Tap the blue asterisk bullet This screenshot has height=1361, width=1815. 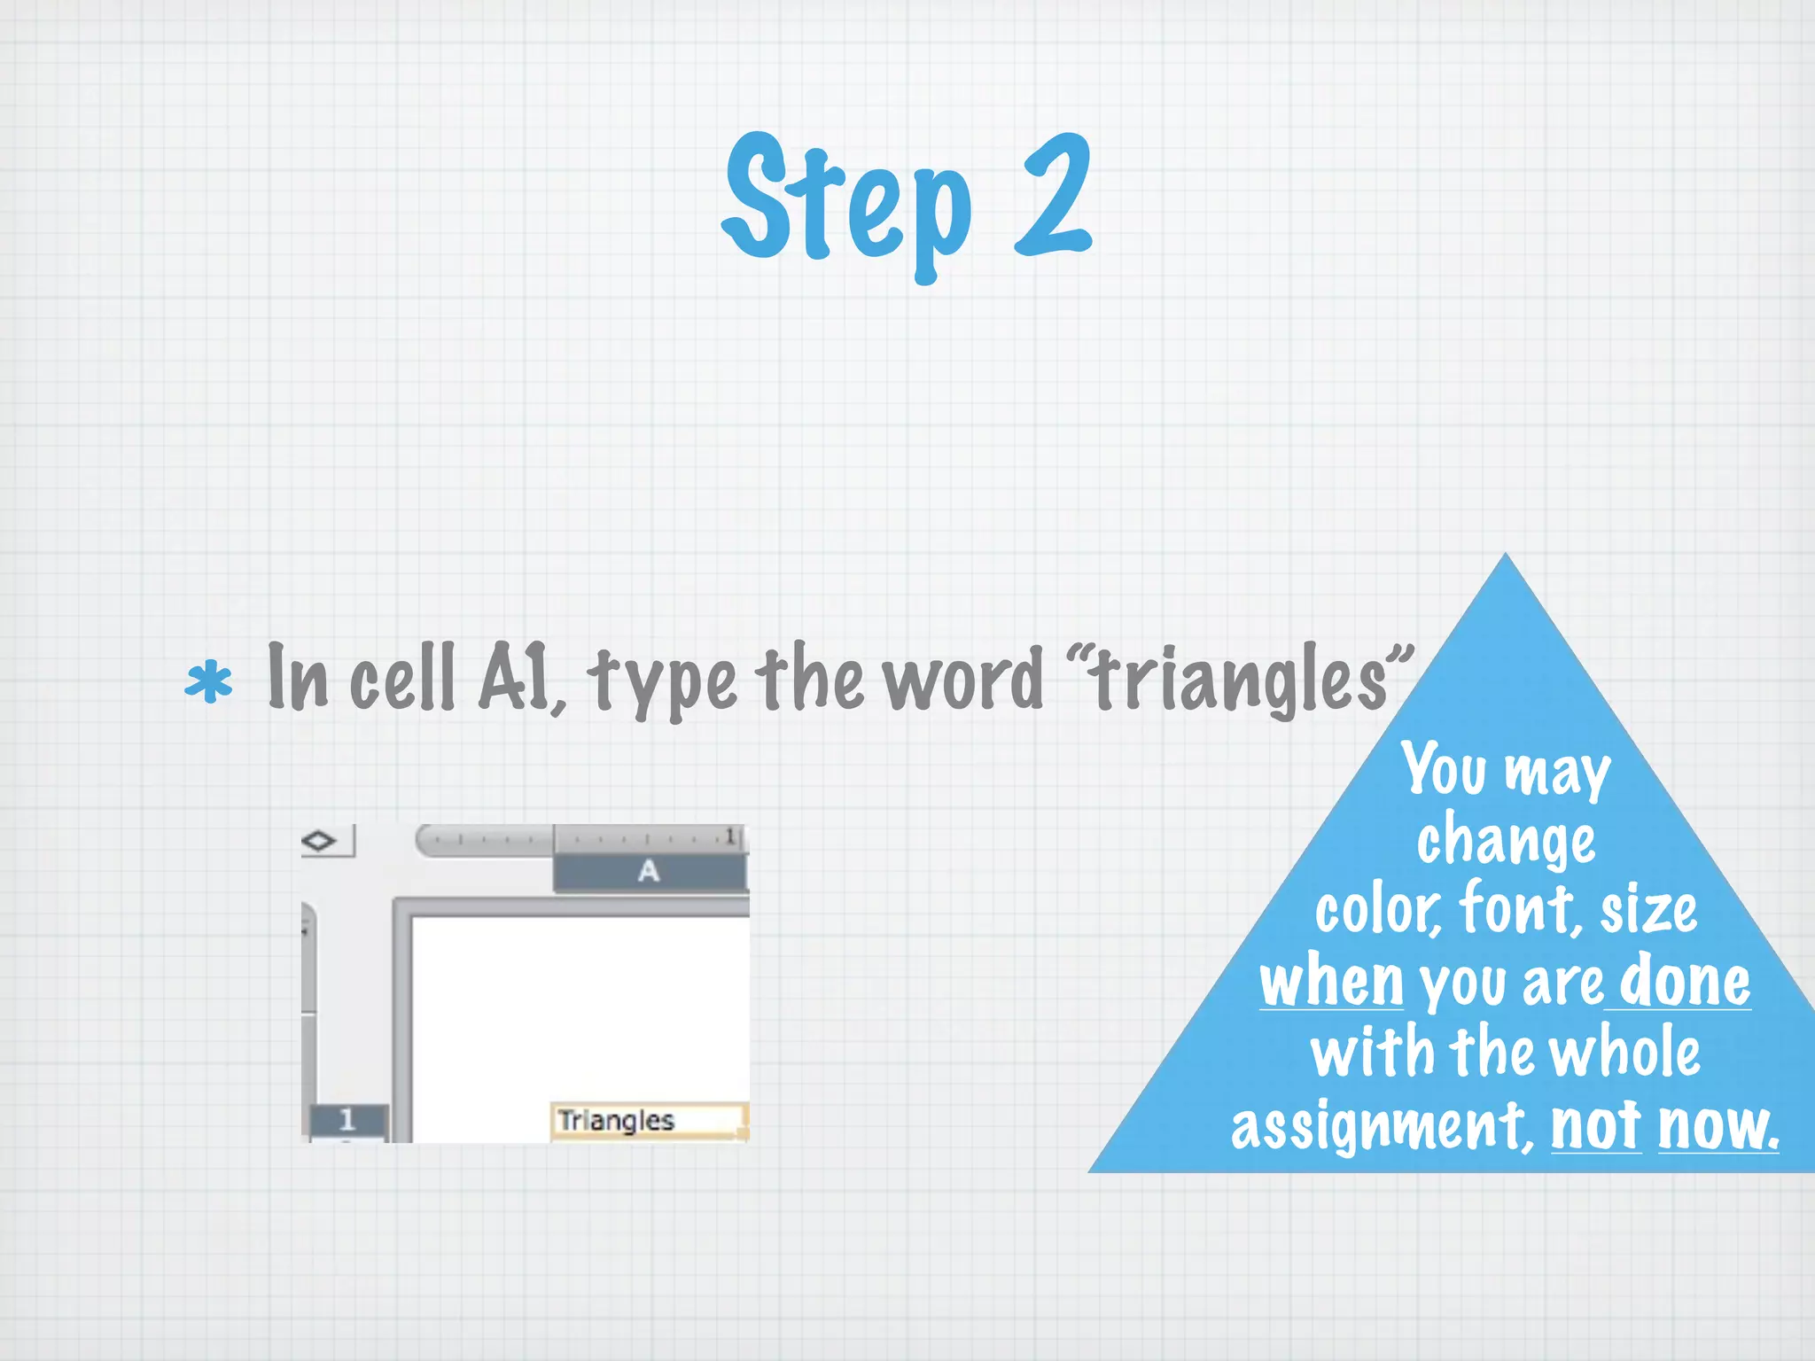[208, 683]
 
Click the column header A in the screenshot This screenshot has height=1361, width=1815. [649, 872]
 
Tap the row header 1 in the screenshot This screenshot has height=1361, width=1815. [347, 1120]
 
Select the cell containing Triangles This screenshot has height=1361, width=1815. [648, 1121]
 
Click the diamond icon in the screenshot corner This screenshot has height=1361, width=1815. [319, 840]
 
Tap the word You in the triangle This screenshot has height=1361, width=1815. [1444, 769]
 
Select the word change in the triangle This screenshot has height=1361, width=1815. [1506, 840]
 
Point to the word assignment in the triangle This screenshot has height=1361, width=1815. [1381, 1127]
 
